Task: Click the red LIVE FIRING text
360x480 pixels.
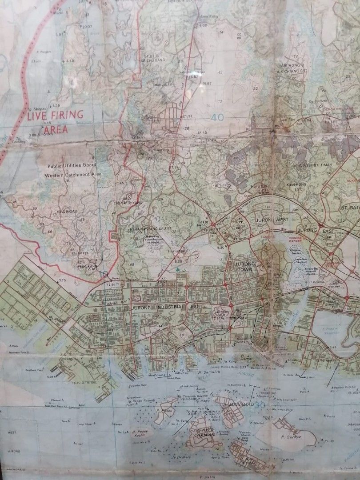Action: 55,117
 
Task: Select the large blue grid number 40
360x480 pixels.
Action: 218,118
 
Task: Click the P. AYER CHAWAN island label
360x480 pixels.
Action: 205,433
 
